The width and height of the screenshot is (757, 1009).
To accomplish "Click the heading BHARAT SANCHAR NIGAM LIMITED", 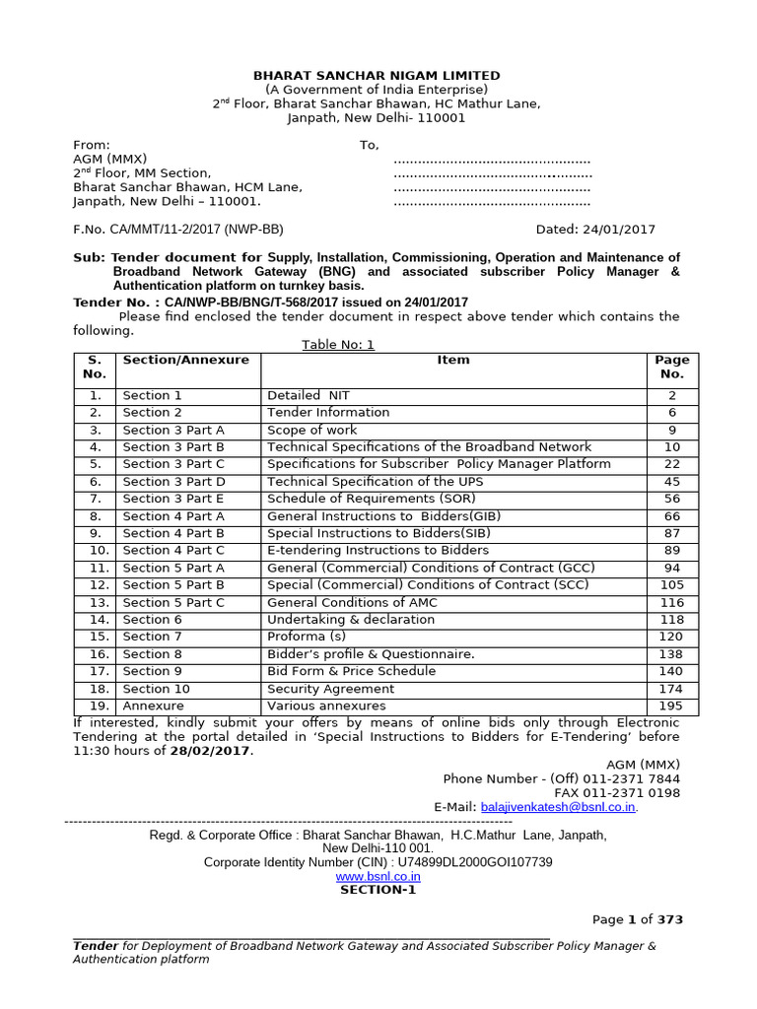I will click(378, 76).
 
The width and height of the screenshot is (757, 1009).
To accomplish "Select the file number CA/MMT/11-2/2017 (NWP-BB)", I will click(177, 230).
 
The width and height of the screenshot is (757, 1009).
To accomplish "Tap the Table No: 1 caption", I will click(338, 345).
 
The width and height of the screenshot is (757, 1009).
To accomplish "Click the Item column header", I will click(453, 361).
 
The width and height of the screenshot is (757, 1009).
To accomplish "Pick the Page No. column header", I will click(671, 368).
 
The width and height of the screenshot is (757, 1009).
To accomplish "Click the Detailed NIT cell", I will click(309, 396).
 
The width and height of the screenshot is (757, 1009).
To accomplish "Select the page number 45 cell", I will click(671, 482).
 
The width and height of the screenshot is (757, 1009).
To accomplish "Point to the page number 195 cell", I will click(671, 706).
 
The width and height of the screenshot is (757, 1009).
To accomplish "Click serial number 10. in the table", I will click(95, 551).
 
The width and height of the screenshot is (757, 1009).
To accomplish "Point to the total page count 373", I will click(670, 920).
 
